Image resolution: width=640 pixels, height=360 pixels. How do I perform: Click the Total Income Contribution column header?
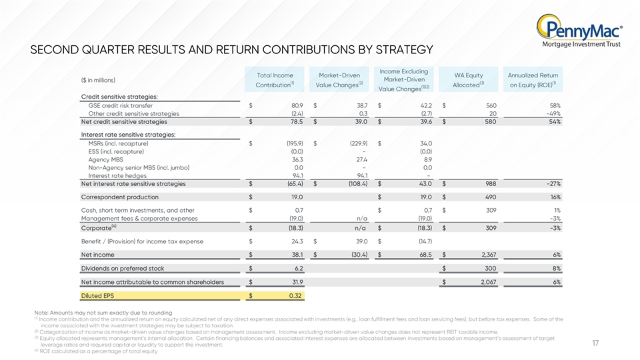(275, 80)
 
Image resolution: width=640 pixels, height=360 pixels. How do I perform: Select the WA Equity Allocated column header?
(468, 80)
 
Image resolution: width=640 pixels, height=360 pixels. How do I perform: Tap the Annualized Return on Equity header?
(533, 80)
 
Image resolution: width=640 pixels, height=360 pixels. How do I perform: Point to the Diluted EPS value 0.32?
(295, 296)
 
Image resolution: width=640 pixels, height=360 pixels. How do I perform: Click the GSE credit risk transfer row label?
(121, 106)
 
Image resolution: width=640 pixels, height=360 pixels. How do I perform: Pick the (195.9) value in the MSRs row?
(295, 144)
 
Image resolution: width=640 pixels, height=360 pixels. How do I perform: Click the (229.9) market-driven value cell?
(359, 144)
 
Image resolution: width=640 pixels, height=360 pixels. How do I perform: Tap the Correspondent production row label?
(119, 197)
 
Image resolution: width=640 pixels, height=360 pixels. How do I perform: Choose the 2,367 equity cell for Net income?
(489, 255)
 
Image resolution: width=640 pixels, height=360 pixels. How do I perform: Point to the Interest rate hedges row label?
(117, 176)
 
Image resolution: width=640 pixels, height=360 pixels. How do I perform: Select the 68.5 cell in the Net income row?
(426, 255)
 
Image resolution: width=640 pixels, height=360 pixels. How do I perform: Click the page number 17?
(595, 343)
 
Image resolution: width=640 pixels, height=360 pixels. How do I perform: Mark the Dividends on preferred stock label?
(123, 269)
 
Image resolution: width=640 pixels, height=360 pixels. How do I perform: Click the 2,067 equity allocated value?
(489, 282)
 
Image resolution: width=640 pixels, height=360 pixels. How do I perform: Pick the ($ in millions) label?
(98, 81)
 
